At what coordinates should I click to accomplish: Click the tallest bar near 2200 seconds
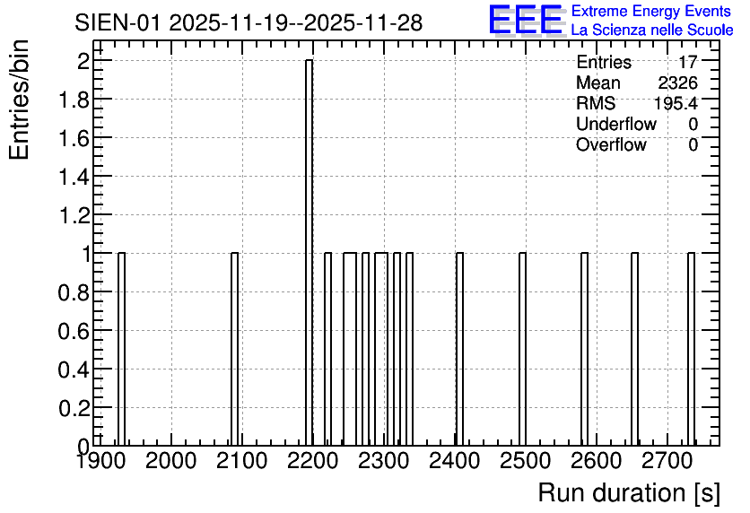point(309,252)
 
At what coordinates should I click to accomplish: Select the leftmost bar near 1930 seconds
point(121,349)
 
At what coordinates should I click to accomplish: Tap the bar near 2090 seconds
point(234,349)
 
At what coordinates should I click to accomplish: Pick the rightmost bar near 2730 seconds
point(691,349)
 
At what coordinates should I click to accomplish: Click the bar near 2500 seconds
point(522,349)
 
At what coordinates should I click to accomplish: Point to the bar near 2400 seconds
point(459,349)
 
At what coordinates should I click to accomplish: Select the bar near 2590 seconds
point(585,349)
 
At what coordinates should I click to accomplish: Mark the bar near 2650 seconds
point(635,349)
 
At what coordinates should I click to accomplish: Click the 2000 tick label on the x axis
point(170,461)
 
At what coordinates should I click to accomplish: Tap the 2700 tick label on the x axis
point(667,461)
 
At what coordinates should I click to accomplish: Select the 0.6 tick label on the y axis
point(74,331)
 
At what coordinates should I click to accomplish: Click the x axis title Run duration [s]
point(629,493)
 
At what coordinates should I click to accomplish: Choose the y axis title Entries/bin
point(19,100)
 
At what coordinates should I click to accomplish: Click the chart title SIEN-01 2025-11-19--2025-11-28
point(249,22)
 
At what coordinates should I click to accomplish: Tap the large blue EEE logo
point(526,20)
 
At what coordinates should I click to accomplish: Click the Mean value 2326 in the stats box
point(677,83)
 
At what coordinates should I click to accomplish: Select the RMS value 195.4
point(676,103)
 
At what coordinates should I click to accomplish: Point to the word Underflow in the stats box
point(616,124)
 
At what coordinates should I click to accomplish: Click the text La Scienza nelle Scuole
point(652,30)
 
